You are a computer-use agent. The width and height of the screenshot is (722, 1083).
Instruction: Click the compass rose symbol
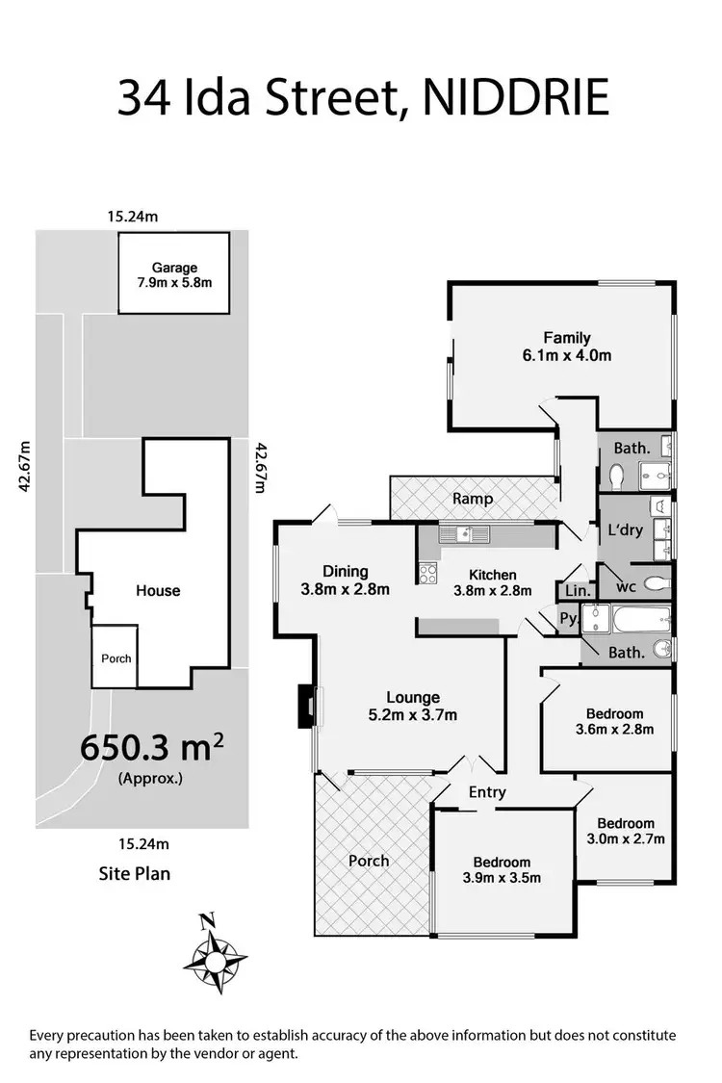(x=216, y=957)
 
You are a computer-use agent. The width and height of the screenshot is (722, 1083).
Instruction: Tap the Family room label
(x=565, y=338)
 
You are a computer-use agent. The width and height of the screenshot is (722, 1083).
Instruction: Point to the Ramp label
(x=474, y=499)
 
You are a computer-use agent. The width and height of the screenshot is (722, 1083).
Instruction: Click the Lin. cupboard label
(x=576, y=590)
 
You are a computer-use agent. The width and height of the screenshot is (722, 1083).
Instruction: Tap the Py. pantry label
(x=569, y=619)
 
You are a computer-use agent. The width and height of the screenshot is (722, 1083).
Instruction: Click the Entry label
(x=487, y=792)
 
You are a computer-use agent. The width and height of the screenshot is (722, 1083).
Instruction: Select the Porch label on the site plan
(x=116, y=658)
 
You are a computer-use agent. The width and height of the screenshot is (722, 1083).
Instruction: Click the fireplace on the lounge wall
(x=307, y=705)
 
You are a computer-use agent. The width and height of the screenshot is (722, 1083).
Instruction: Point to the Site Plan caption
(x=135, y=874)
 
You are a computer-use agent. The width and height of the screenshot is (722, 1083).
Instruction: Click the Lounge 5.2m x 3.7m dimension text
(x=413, y=714)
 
